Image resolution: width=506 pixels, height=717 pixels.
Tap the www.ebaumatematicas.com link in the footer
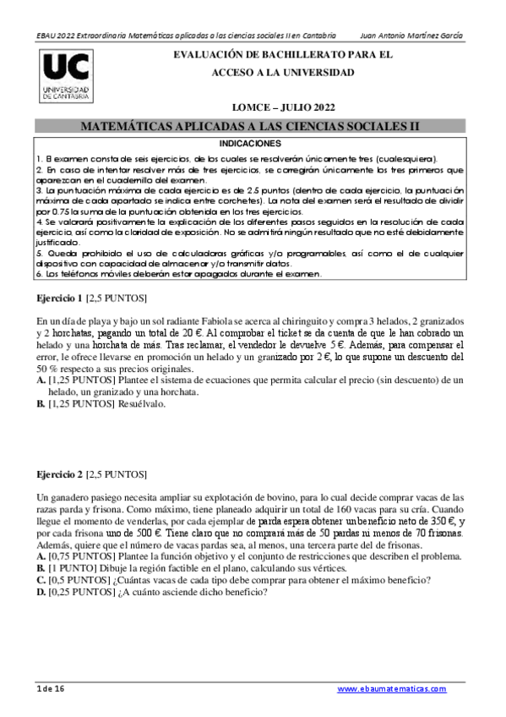tap(391, 689)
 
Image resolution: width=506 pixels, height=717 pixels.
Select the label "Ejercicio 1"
tap(60, 299)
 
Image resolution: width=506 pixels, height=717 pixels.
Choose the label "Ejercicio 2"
tap(60, 475)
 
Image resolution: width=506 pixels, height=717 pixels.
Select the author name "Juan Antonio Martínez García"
tap(411, 36)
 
